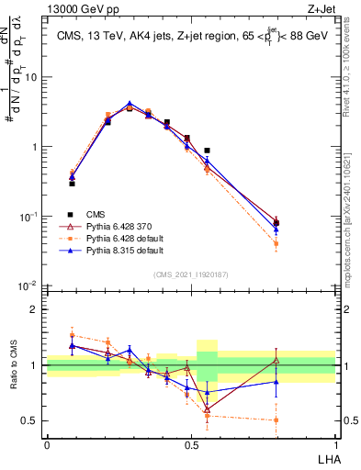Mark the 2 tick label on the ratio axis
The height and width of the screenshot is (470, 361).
tap(36, 309)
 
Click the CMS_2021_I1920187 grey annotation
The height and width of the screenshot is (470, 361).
tap(191, 274)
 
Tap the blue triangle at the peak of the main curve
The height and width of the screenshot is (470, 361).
tap(130, 104)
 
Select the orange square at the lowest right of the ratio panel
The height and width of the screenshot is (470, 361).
tap(276, 420)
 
